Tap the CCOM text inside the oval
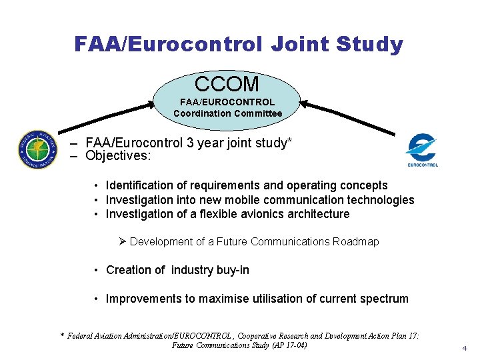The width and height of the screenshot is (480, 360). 227,85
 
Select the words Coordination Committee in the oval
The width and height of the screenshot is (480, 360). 227,113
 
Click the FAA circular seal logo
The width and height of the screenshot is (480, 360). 38,149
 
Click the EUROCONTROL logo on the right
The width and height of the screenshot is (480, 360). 422,151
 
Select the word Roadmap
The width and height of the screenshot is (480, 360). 355,241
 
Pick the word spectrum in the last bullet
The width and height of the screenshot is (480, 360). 383,299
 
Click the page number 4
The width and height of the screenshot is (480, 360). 464,348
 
